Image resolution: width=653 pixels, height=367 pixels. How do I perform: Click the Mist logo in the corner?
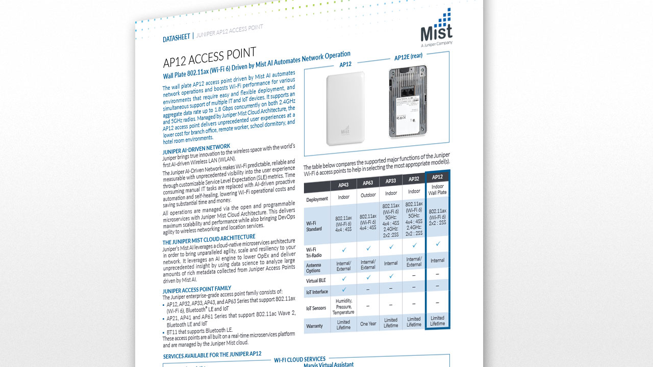pyautogui.click(x=436, y=28)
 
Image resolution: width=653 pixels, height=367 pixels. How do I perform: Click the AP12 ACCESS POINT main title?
pyautogui.click(x=209, y=57)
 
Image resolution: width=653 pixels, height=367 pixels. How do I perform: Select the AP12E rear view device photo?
pyautogui.click(x=408, y=102)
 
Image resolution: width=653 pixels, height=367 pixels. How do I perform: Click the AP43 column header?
pyautogui.click(x=343, y=185)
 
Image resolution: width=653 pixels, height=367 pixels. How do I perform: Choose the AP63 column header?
pyautogui.click(x=368, y=182)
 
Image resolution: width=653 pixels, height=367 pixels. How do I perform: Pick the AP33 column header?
pyautogui.click(x=391, y=180)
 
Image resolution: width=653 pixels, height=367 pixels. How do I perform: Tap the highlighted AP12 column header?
pyautogui.click(x=437, y=177)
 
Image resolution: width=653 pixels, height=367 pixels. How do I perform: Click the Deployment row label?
pyautogui.click(x=317, y=199)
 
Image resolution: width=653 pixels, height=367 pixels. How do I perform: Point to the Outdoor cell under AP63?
pyautogui.click(x=368, y=195)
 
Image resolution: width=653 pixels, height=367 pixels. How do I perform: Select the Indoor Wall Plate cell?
pyautogui.click(x=437, y=190)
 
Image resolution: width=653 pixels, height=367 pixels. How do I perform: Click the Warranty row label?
pyautogui.click(x=314, y=326)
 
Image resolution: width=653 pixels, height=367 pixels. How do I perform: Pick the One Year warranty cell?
pyautogui.click(x=368, y=324)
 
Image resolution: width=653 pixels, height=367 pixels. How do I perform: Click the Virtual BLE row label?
pyautogui.click(x=316, y=280)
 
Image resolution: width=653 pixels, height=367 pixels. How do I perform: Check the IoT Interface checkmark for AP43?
pyautogui.click(x=343, y=290)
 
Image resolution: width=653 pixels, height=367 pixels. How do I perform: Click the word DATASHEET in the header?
pyautogui.click(x=176, y=38)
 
